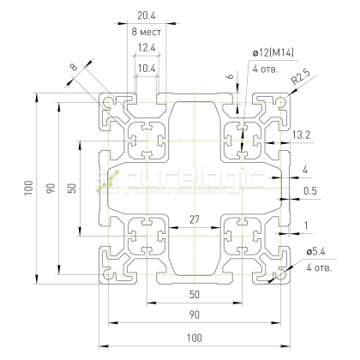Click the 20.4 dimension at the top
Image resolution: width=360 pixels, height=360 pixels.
tap(146, 15)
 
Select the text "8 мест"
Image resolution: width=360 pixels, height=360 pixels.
tap(146, 31)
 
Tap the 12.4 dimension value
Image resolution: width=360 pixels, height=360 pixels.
tap(146, 47)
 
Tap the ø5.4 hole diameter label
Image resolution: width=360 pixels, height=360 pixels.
tap(316, 251)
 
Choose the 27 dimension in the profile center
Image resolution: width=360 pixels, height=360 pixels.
tap(194, 220)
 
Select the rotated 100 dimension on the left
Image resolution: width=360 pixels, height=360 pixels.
tap(29, 186)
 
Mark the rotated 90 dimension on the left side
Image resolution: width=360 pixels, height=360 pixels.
tap(51, 187)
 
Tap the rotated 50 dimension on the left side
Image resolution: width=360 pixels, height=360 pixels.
tap(74, 187)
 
